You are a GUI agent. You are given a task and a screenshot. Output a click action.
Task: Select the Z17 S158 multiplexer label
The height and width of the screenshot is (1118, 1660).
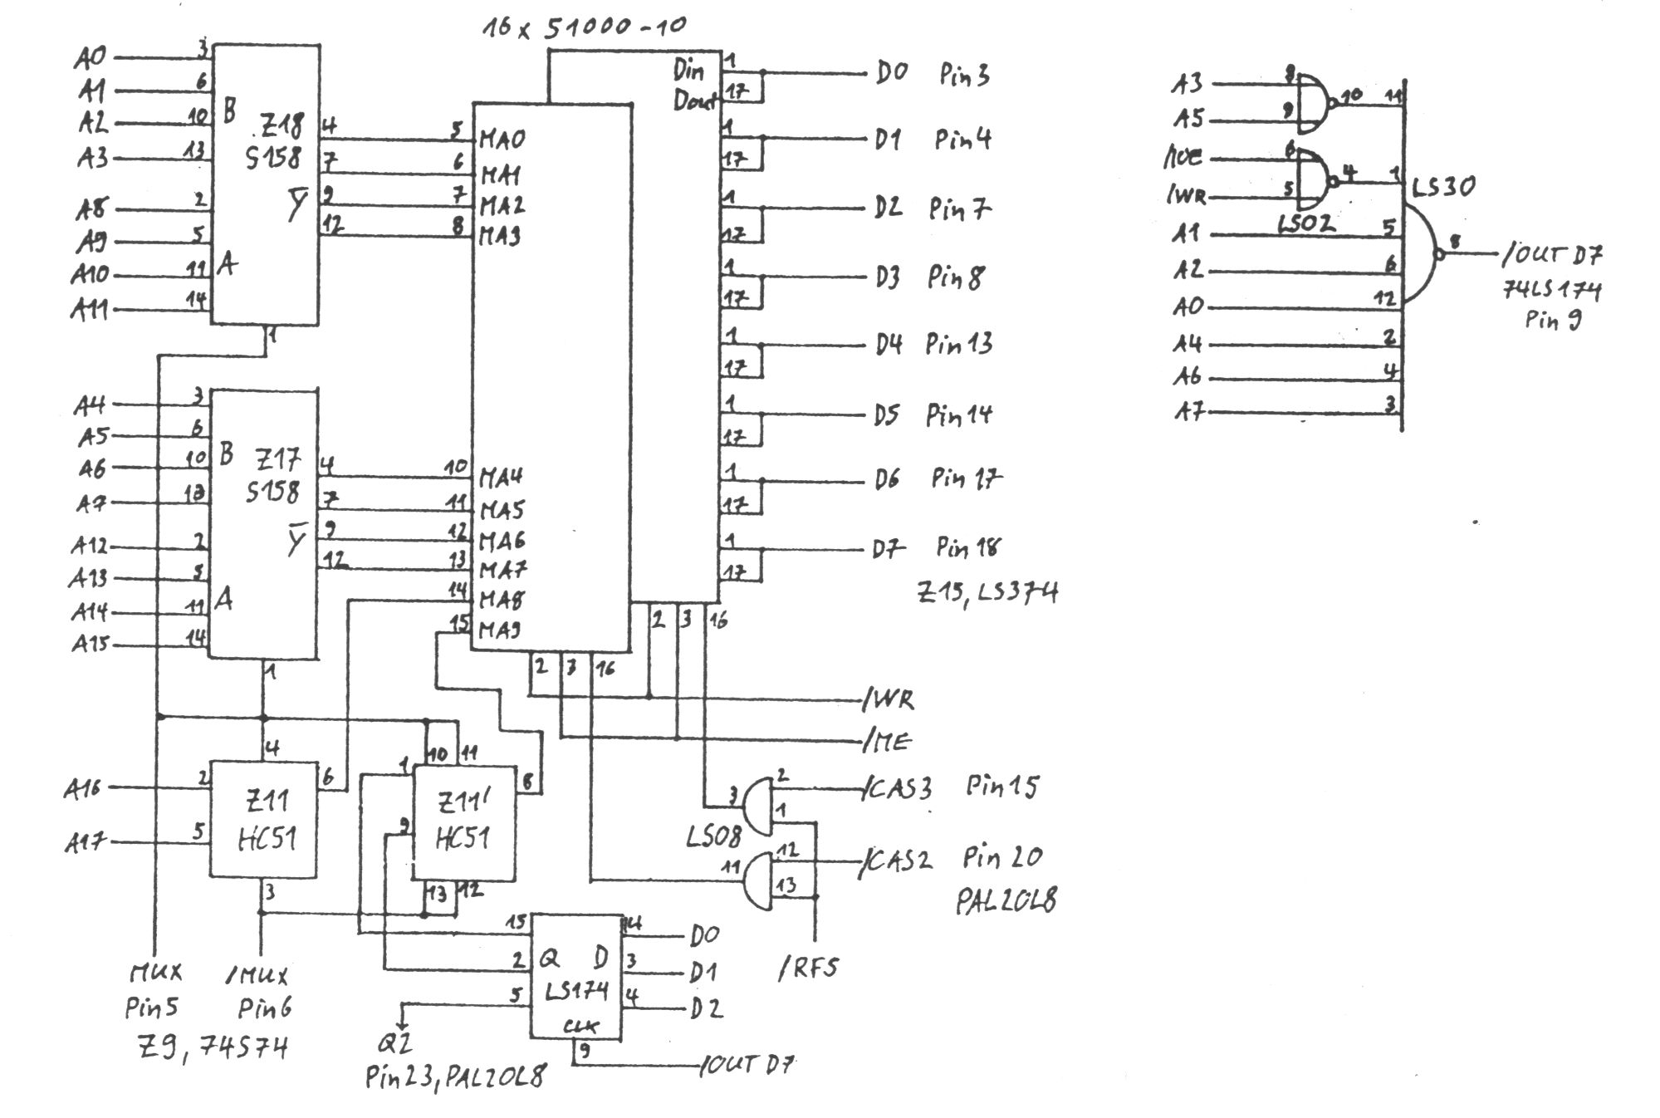click(274, 476)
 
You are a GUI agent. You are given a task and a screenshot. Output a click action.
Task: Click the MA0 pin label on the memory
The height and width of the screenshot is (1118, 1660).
click(502, 140)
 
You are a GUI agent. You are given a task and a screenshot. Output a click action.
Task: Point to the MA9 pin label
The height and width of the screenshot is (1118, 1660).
click(501, 630)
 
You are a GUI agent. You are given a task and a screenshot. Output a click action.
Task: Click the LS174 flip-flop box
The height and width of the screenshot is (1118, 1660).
click(576, 977)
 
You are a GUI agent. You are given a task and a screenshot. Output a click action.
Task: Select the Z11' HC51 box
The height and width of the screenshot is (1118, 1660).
click(463, 821)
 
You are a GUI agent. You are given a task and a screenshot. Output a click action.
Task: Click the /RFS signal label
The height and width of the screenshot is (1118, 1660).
click(809, 967)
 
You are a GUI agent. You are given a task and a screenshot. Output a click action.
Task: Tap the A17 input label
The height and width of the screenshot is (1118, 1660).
click(86, 843)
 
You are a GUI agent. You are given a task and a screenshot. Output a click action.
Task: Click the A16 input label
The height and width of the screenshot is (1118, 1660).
click(83, 787)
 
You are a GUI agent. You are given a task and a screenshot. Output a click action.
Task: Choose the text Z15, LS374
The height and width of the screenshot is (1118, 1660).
click(987, 592)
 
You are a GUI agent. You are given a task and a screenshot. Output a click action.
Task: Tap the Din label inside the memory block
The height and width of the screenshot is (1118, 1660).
click(688, 71)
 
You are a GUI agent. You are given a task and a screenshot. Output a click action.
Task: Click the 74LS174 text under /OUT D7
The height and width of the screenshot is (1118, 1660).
click(1551, 290)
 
